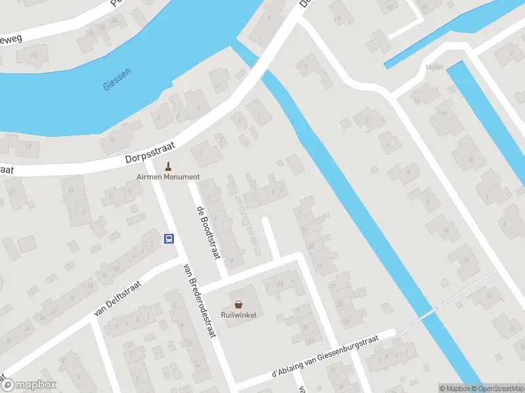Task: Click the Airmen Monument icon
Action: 169,166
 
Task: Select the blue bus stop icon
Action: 169,238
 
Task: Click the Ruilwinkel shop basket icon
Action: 238,305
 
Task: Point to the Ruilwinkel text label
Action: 238,315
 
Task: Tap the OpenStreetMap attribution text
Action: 500,388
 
